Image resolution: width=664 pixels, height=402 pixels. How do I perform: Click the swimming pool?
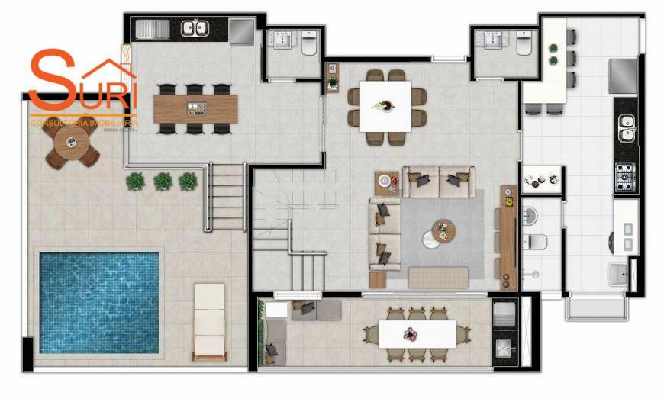click(x=98, y=302)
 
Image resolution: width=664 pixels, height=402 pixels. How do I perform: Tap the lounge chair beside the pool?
click(x=209, y=321)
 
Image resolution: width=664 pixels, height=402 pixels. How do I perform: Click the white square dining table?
click(x=386, y=105)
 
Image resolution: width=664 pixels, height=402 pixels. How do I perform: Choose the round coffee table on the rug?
click(x=443, y=230)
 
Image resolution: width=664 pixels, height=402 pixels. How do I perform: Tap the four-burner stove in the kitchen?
click(x=627, y=178)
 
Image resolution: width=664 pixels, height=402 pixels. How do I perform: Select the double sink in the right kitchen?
click(x=627, y=129)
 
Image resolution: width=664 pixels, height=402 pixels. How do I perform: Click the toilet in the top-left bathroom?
click(x=309, y=46)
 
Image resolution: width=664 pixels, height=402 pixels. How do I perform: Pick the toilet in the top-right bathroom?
click(x=524, y=46)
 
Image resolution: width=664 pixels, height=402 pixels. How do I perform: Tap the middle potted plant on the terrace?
click(x=163, y=181)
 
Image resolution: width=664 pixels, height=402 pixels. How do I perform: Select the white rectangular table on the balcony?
click(x=417, y=334)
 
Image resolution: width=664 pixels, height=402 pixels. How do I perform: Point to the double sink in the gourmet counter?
click(x=194, y=29)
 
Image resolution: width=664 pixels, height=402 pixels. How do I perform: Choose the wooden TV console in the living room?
click(x=508, y=236)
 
